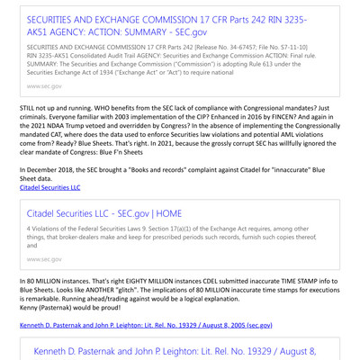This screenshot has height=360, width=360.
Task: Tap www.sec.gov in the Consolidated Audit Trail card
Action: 45,85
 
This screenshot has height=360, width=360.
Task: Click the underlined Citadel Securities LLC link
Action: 49,187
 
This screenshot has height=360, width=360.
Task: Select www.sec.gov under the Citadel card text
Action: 45,259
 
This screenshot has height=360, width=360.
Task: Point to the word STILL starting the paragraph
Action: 29,106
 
